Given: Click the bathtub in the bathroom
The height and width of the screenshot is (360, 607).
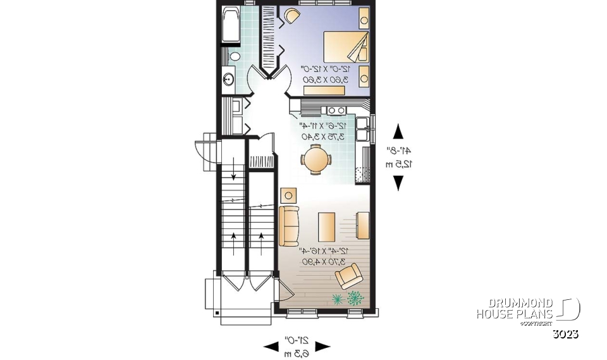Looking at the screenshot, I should [x=230, y=25].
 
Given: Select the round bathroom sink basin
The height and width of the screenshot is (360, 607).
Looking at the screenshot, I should [x=229, y=80].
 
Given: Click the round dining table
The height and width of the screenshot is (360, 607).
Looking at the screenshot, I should [x=315, y=158].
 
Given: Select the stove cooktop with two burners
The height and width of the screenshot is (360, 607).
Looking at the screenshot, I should [x=336, y=109].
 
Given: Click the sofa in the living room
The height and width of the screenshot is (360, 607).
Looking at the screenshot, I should [x=289, y=226].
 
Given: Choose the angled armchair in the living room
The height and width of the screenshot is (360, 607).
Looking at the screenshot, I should [x=349, y=276].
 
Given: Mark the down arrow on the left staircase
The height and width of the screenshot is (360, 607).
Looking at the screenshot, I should [x=234, y=177].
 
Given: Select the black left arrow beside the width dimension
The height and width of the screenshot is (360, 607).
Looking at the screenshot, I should [x=271, y=346].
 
